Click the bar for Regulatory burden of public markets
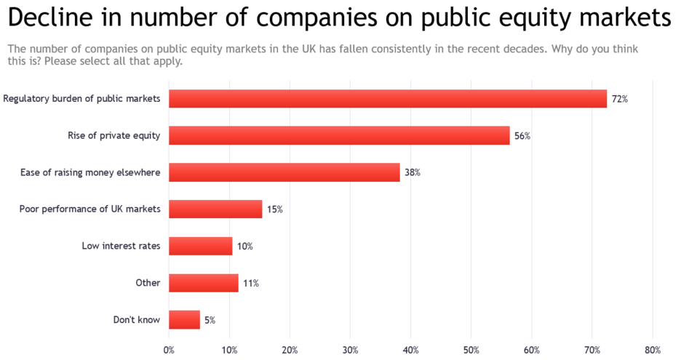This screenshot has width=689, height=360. tap(388, 99)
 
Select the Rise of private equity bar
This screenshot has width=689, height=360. tap(339, 135)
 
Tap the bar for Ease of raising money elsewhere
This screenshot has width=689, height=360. tap(284, 172)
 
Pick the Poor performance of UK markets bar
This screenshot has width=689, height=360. tap(215, 209)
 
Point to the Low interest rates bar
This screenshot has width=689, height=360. tap(200, 246)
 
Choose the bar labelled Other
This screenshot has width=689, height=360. tap(203, 283)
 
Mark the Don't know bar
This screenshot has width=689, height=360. tap(184, 320)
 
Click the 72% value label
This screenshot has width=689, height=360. tap(619, 99)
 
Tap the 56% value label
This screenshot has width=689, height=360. tap(522, 136)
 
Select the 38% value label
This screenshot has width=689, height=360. tap(413, 173)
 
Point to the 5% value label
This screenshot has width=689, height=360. tap(210, 320)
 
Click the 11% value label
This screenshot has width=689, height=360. tap(251, 283)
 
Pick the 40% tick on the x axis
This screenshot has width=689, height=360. tap(411, 350)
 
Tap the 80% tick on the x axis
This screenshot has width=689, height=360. tap(653, 350)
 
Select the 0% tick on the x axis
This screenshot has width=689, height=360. tap(169, 350)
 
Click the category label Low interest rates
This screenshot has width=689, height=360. tap(121, 246)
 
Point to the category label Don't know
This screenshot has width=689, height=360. tap(137, 320)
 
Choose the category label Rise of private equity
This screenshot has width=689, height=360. tap(113, 135)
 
